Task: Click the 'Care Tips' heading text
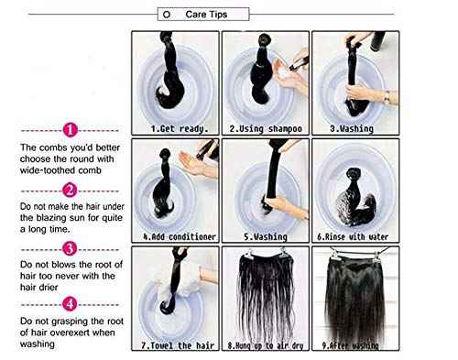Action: pos(207,15)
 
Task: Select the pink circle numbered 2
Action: pos(71,191)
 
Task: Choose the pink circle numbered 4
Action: pos(71,301)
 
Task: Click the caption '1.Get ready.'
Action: pos(180,129)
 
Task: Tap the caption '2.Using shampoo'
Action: pos(265,129)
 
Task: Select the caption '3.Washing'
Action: pos(356,129)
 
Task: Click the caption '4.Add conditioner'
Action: pos(180,236)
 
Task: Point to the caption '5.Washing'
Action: pos(265,236)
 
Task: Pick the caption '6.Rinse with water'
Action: pos(356,236)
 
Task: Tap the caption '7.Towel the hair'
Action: pos(180,346)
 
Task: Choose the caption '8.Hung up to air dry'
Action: pos(265,346)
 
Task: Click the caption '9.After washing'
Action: pos(356,346)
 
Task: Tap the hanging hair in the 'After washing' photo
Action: pos(357,293)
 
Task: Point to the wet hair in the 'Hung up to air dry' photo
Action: pos(266,293)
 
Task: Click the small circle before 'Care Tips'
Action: pos(166,16)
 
